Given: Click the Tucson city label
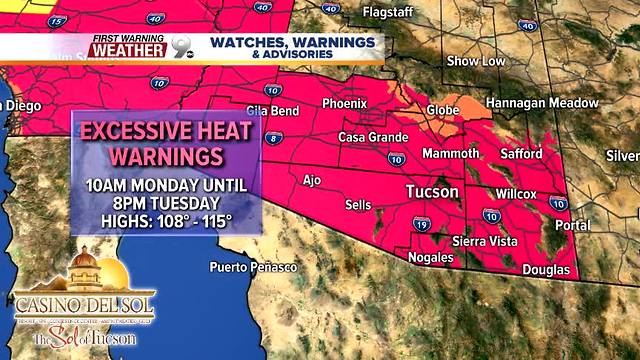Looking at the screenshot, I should [432, 191].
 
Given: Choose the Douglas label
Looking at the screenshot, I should [547, 271].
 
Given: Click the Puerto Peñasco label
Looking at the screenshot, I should [253, 267].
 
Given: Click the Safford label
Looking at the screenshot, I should [521, 154].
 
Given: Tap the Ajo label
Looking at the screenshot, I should [312, 180].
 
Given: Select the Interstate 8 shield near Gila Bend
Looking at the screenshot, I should [275, 139].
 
